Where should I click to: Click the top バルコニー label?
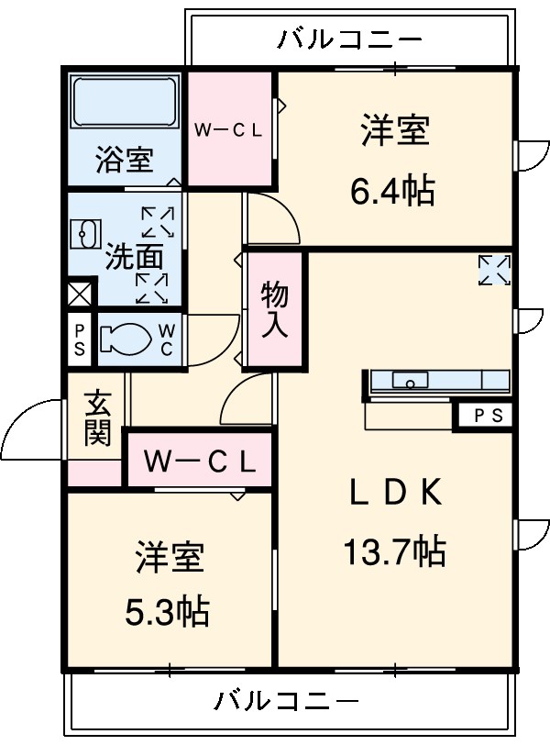[350, 39]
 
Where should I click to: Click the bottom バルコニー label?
[286, 703]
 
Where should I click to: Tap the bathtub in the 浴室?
[125, 104]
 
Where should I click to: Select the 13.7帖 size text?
[394, 551]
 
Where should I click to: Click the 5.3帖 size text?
[167, 609]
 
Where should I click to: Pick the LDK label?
[394, 494]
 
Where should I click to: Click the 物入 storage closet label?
[274, 310]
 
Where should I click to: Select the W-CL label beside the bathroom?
[228, 130]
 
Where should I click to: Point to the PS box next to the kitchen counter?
[488, 416]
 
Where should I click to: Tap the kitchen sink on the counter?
[411, 380]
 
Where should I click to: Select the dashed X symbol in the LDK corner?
[495, 270]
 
